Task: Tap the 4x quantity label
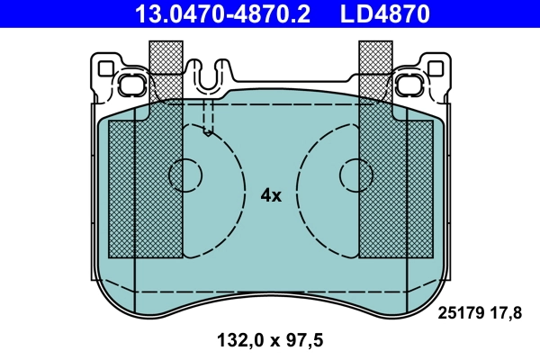click(271, 195)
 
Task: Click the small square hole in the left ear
click(105, 67)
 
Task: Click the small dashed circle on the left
click(186, 173)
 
